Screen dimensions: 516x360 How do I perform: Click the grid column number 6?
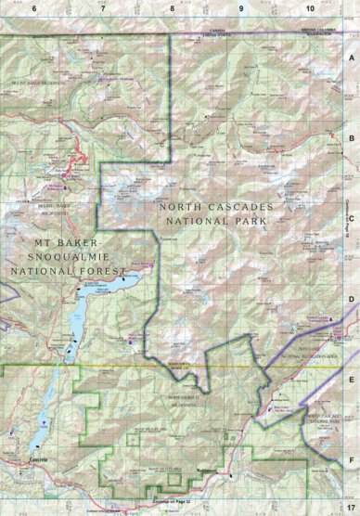33,7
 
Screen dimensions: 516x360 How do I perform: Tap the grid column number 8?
173,7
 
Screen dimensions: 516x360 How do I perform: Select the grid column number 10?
310,7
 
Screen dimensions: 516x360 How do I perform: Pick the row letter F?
352,457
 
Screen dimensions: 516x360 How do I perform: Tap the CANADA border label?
219,30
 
